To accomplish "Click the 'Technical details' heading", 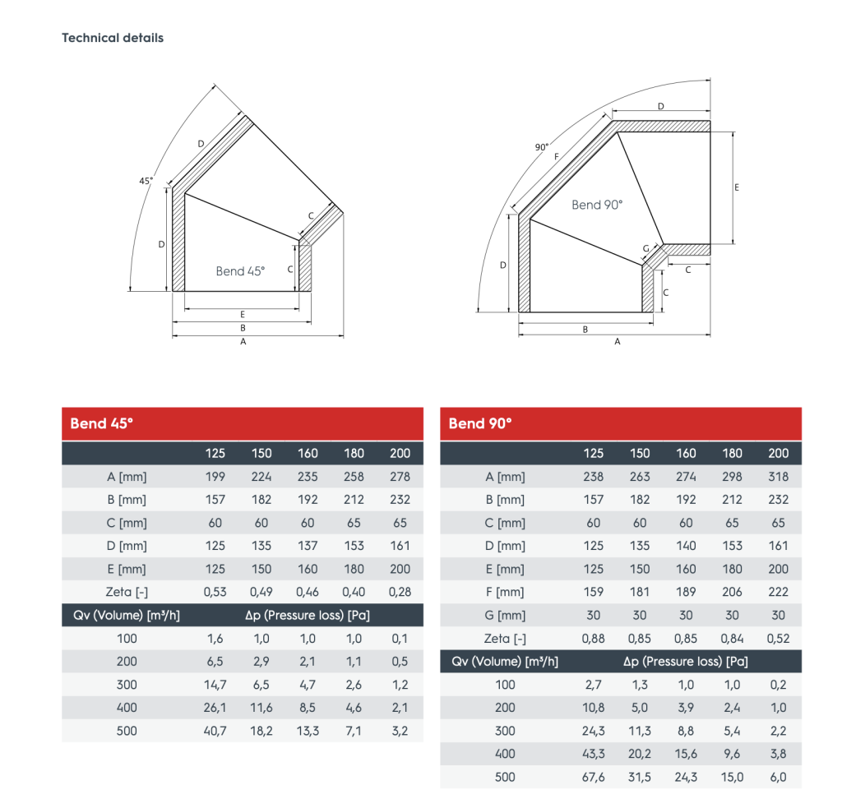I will [113, 38].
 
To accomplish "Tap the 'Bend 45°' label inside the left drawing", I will [240, 271].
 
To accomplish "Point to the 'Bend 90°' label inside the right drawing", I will [597, 205].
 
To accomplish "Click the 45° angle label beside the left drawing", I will [146, 180].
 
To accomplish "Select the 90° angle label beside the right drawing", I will [541, 147].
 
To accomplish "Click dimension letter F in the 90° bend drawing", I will [557, 156].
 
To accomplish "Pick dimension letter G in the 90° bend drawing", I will [646, 248].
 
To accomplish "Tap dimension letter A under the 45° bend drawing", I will [243, 343].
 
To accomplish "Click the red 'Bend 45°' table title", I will [102, 423].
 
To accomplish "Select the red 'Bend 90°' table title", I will [480, 423].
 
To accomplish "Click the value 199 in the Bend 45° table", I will [215, 476].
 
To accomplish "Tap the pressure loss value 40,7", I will [215, 731].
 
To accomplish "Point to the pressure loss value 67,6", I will [593, 777].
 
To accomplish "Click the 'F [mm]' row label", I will [505, 592].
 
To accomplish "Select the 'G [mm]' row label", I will [505, 615].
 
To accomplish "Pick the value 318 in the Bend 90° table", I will [778, 476].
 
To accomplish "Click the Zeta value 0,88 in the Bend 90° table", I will [593, 638].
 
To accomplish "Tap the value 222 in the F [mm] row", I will [778, 592].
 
